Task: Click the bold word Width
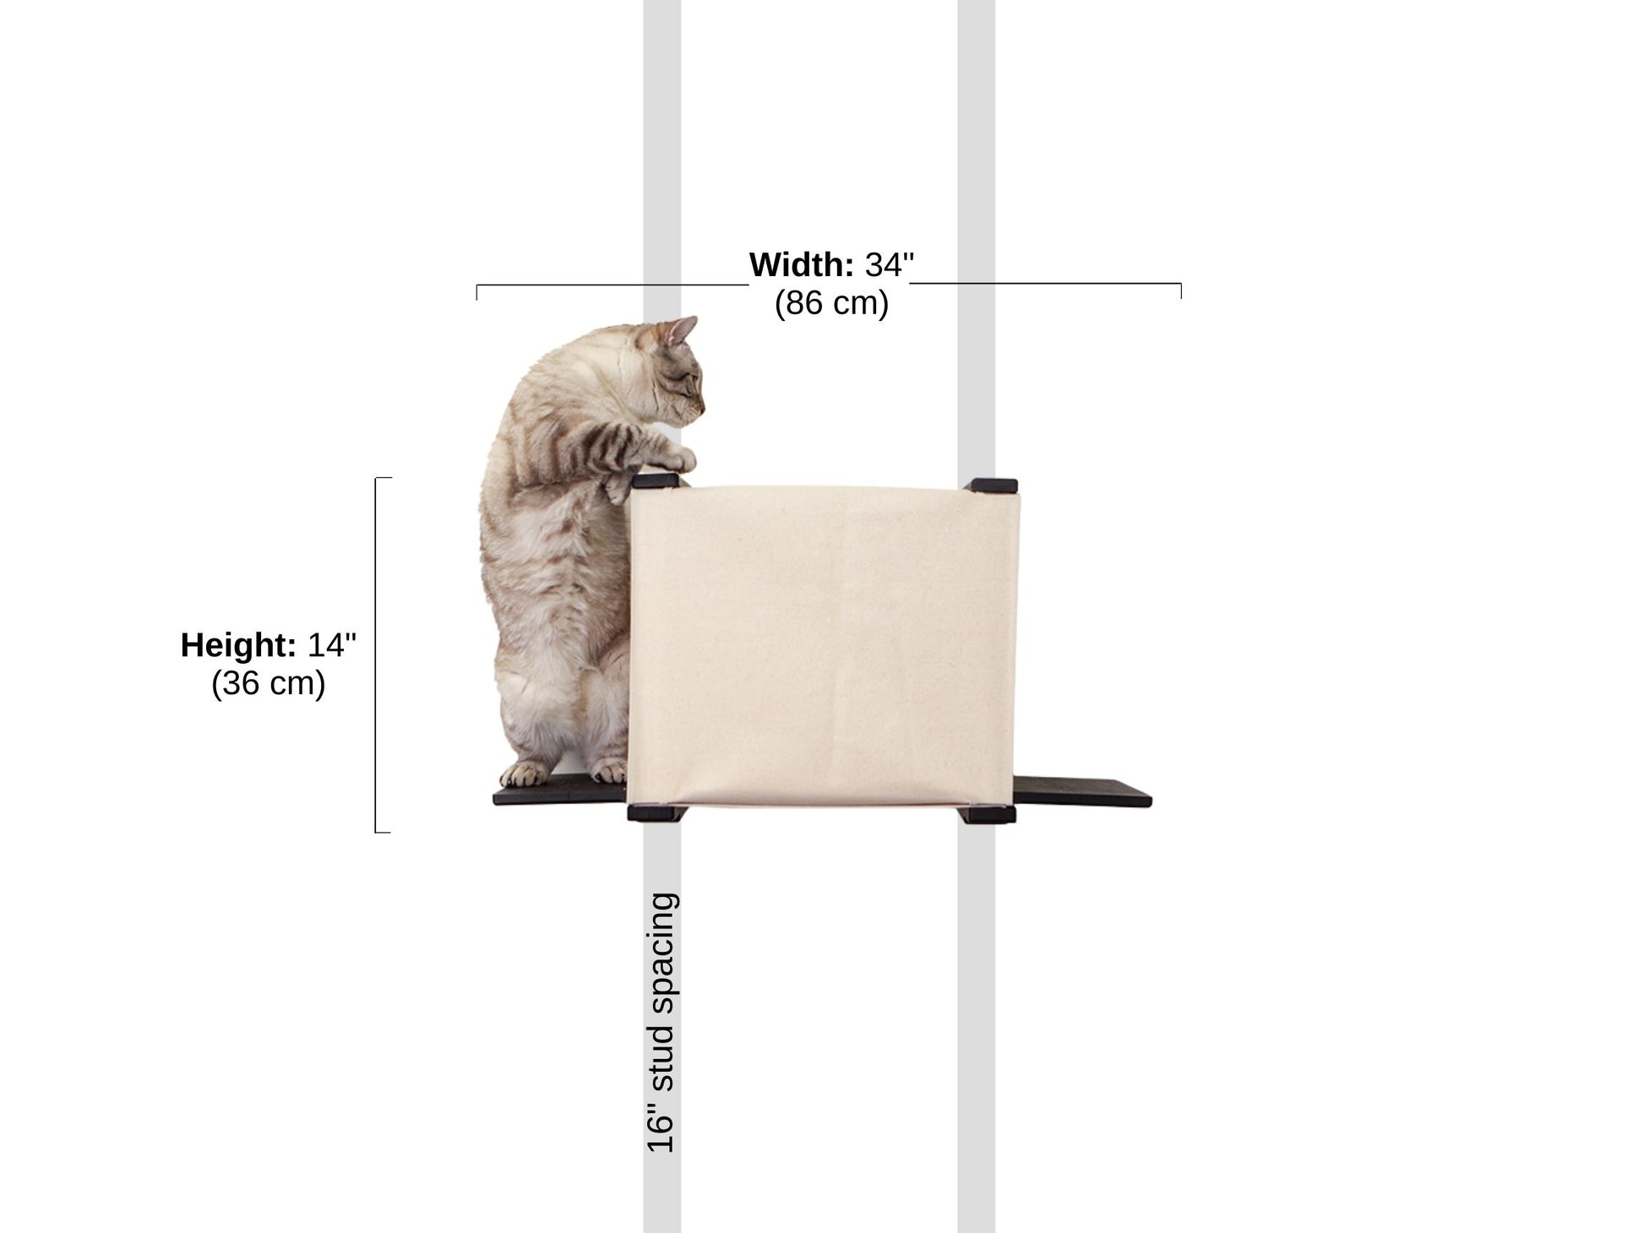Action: click(801, 265)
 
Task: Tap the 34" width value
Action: click(889, 265)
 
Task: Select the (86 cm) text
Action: click(831, 303)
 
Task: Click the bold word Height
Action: click(238, 645)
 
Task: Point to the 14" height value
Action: click(331, 645)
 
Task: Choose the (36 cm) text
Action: click(268, 683)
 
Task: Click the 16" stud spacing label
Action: click(661, 1022)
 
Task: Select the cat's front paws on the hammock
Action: click(676, 461)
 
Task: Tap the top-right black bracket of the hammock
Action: click(993, 485)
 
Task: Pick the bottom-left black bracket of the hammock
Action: click(654, 812)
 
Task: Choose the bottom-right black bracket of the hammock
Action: click(987, 815)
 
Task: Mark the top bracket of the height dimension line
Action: click(383, 479)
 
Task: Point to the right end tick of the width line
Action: click(1180, 291)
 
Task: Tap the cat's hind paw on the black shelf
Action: click(524, 773)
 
